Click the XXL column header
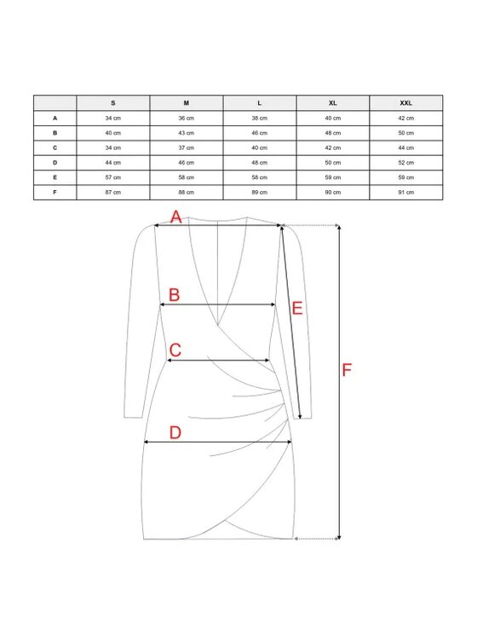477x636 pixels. [x=405, y=103]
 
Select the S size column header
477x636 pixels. [x=113, y=103]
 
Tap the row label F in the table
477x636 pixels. [x=55, y=193]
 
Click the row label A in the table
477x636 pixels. [x=55, y=119]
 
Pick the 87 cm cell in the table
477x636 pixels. [x=113, y=193]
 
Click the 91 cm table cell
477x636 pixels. [x=405, y=193]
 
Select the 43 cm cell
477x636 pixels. [x=187, y=133]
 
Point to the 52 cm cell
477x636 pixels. [x=405, y=163]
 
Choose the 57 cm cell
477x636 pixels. [x=113, y=177]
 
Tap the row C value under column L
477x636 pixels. [x=260, y=148]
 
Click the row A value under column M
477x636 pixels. [x=187, y=119]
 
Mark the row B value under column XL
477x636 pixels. [x=333, y=133]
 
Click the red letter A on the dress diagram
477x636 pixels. [x=175, y=217]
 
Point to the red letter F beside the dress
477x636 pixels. [x=347, y=370]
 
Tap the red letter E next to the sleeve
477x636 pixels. [x=297, y=309]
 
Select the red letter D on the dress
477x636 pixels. [x=175, y=433]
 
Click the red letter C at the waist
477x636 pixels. [x=175, y=350]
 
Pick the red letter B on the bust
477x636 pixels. [x=175, y=295]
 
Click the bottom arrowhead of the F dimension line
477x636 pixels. [x=339, y=537]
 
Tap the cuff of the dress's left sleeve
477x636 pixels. [x=134, y=417]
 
